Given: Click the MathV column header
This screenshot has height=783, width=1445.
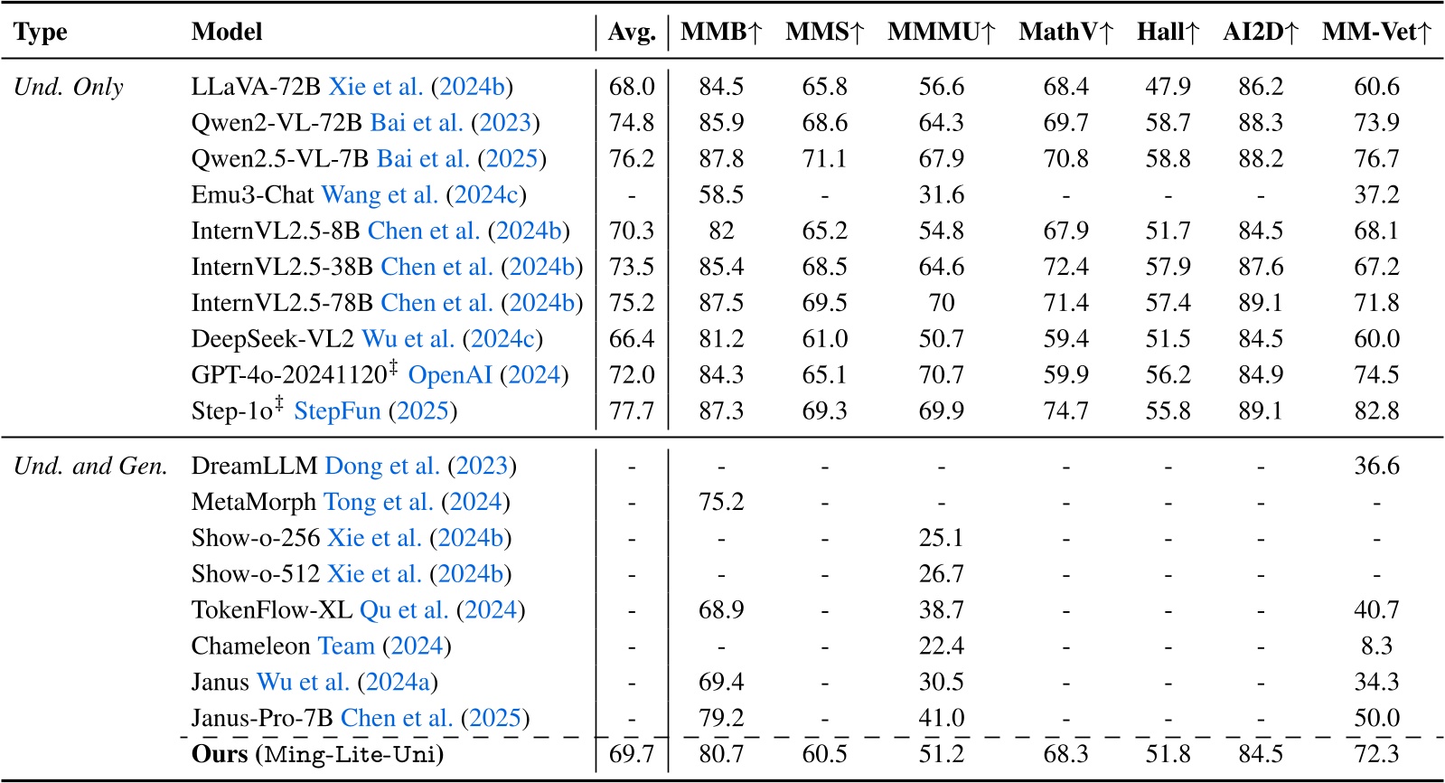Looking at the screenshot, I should pyautogui.click(x=1065, y=33).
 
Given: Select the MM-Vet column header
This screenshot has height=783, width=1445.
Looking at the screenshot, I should pyautogui.click(x=1376, y=33).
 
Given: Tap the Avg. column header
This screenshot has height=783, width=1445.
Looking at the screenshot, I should pyautogui.click(x=632, y=33).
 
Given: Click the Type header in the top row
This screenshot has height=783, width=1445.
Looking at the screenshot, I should pyautogui.click(x=41, y=33).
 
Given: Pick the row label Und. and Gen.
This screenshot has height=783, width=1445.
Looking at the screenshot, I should pyautogui.click(x=90, y=466).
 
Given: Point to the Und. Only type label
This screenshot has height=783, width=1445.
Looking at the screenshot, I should pyautogui.click(x=69, y=87).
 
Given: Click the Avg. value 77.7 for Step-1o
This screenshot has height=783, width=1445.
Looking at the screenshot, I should pyautogui.click(x=632, y=410).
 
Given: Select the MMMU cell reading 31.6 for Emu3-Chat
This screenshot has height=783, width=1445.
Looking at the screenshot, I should pyautogui.click(x=941, y=194).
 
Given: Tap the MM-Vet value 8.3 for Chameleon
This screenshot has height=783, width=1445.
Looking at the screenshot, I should pyautogui.click(x=1376, y=646).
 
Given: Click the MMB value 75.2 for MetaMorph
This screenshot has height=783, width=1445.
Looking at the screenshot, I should pyautogui.click(x=721, y=502).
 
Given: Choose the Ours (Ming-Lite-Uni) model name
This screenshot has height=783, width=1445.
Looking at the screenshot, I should pyautogui.click(x=317, y=754).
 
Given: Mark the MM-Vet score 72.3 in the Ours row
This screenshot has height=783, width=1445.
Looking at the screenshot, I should pyautogui.click(x=1376, y=754).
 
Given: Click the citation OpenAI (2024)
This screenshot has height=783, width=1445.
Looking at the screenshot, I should pyautogui.click(x=488, y=375).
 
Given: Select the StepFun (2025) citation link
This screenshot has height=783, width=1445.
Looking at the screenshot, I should pyautogui.click(x=375, y=411).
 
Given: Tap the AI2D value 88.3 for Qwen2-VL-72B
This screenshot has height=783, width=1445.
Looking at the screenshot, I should pyautogui.click(x=1260, y=123).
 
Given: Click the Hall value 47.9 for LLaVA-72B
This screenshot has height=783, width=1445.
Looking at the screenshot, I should pyautogui.click(x=1168, y=87).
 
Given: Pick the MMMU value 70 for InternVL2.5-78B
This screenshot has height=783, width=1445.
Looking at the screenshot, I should pyautogui.click(x=941, y=303).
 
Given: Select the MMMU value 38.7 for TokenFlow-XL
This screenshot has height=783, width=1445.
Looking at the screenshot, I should pyautogui.click(x=941, y=610).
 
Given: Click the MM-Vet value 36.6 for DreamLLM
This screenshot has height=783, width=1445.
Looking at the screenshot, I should pyautogui.click(x=1376, y=466).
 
